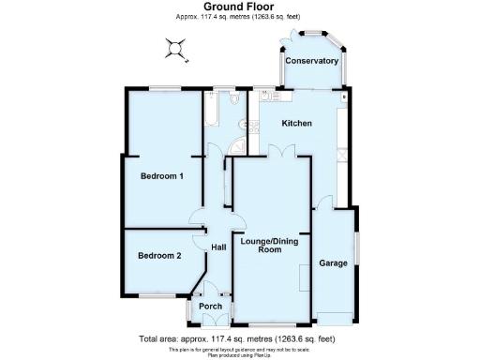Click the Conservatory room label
tap(311, 61)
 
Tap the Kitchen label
tap(297, 124)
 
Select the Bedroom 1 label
tap(161, 176)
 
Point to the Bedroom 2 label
tap(158, 255)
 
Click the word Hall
tap(218, 247)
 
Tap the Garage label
tap(333, 263)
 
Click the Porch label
tap(211, 306)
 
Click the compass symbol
tap(175, 48)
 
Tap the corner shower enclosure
tap(238, 142)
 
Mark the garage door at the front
tap(336, 316)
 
